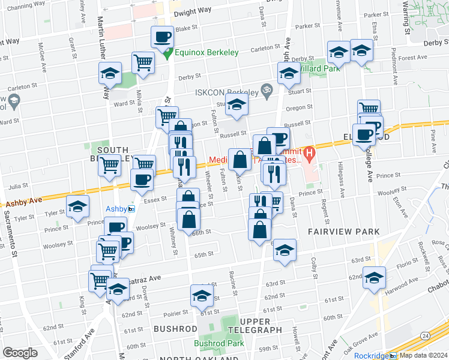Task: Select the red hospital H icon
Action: [309, 154]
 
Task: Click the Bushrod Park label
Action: [218, 344]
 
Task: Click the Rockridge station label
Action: [372, 355]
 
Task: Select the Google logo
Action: [20, 352]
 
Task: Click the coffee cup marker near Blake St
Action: [162, 37]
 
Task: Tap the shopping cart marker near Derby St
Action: [143, 62]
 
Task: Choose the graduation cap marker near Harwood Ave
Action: [374, 278]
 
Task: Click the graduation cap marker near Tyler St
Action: [77, 207]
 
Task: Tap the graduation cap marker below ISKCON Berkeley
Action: [238, 104]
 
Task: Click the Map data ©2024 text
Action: [423, 355]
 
